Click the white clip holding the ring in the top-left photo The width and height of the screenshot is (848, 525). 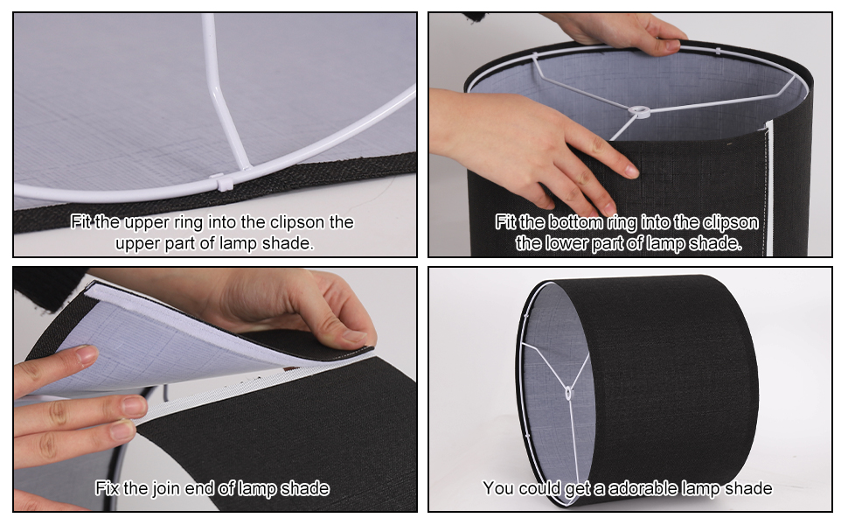(223, 181)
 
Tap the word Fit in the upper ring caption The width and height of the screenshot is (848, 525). (80, 222)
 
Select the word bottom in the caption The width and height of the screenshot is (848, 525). (575, 222)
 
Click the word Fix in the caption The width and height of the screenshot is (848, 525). (107, 488)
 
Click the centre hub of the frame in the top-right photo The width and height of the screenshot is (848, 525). (639, 112)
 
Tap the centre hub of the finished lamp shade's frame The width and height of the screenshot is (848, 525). (567, 392)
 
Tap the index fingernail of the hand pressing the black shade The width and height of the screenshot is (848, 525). (630, 171)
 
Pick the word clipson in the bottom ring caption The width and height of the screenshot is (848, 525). (730, 223)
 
